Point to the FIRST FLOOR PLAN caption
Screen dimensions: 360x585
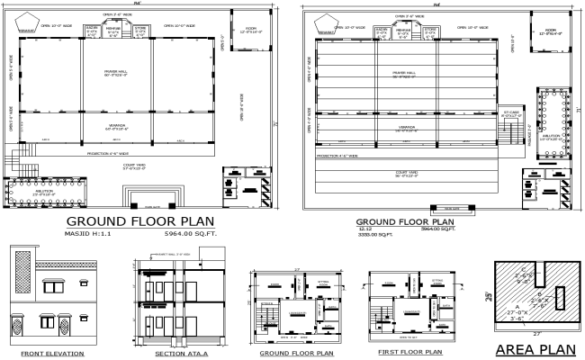tap(409, 352)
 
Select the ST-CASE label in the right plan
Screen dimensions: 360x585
tap(511, 112)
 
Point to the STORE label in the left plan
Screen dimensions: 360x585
tap(139, 29)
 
